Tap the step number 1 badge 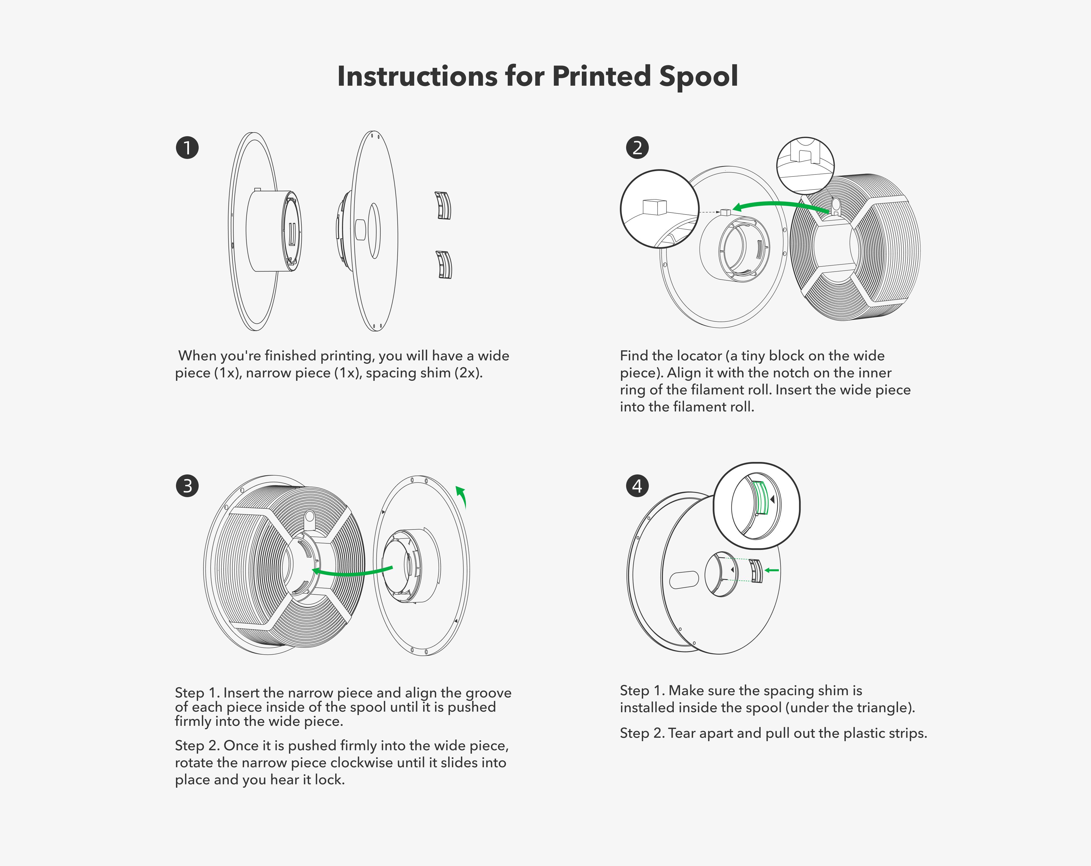(x=187, y=148)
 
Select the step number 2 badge (x=637, y=148)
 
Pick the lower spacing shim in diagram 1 (x=444, y=264)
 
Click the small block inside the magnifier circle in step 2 (x=654, y=207)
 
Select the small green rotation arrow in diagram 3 (x=461, y=496)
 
